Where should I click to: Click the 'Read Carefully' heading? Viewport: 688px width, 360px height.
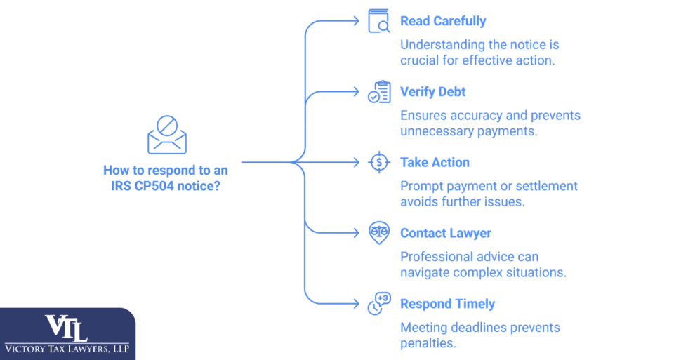442,21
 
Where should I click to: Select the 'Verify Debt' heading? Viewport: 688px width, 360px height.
432,92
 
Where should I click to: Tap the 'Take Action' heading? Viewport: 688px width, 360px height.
435,163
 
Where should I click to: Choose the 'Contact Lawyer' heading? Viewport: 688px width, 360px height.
445,233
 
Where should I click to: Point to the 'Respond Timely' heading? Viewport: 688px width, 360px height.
447,304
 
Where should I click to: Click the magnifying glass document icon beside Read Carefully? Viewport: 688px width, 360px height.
379,22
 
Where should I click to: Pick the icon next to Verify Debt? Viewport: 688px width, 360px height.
379,93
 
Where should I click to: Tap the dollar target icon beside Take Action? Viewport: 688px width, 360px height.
379,163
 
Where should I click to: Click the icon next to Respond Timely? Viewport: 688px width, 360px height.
379,304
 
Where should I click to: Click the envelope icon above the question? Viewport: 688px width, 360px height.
167,135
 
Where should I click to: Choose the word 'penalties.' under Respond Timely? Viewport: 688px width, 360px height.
428,343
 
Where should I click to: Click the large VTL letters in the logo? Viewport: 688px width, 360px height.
67,328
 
